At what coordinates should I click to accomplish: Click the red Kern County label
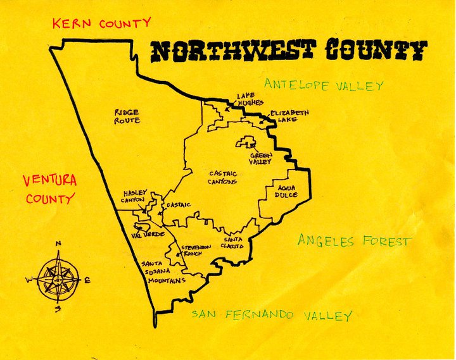[101, 24]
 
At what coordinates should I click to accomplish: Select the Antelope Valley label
[324, 85]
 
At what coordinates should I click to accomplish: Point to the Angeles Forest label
[355, 241]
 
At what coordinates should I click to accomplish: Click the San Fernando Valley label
[272, 315]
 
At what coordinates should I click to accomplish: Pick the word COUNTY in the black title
[377, 50]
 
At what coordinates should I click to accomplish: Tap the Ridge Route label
[127, 116]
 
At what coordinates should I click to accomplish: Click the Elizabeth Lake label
[289, 116]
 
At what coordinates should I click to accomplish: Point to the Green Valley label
[260, 158]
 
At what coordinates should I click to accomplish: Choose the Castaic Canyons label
[222, 177]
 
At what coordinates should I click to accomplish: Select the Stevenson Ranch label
[192, 250]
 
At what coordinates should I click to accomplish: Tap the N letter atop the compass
[58, 244]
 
